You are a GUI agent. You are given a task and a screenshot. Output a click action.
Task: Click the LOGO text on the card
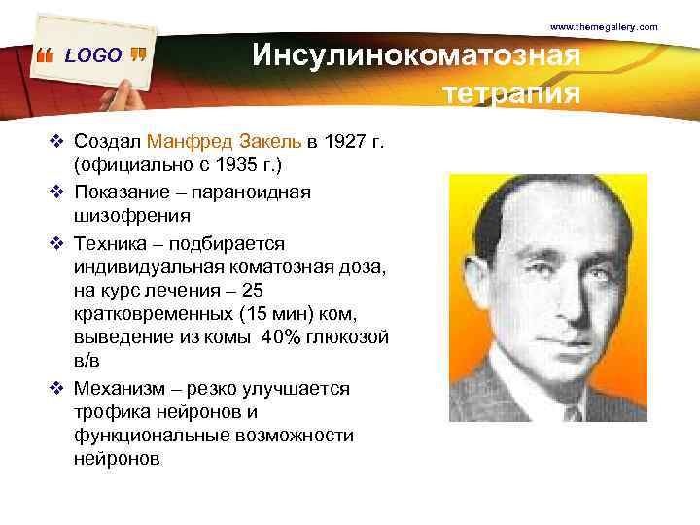(x=93, y=55)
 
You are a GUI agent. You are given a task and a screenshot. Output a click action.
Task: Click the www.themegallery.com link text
(x=604, y=26)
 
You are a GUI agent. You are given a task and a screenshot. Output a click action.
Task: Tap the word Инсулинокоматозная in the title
(x=416, y=55)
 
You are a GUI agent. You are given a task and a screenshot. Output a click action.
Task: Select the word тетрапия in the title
(x=511, y=94)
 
